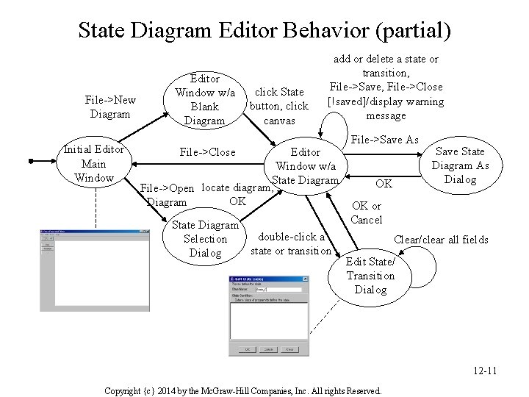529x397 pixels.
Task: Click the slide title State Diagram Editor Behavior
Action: click(264, 30)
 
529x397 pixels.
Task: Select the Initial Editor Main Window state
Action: click(93, 164)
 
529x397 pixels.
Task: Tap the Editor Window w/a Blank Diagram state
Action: click(204, 99)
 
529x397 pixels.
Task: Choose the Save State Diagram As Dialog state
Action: click(461, 165)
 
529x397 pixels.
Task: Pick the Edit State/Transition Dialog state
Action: click(370, 276)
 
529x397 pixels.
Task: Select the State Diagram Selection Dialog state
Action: click(205, 239)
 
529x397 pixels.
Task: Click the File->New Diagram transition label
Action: click(109, 107)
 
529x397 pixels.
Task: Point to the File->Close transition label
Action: click(208, 152)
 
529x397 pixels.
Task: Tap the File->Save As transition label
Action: click(384, 140)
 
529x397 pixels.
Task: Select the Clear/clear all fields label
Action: click(441, 239)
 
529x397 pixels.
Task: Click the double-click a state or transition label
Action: click(291, 243)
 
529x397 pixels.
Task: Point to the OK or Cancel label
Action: click(366, 212)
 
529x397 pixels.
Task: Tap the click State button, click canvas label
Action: click(278, 106)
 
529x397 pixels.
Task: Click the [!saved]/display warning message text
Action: click(386, 108)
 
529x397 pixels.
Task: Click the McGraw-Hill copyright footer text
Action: click(243, 390)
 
